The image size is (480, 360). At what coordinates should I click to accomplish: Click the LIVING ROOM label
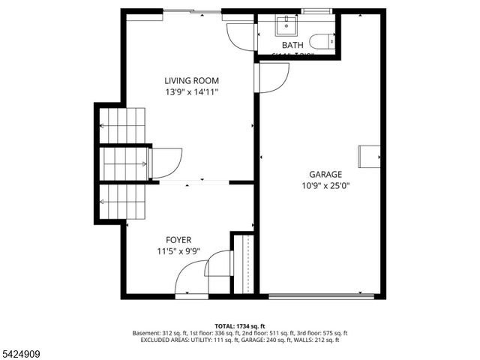click(191, 81)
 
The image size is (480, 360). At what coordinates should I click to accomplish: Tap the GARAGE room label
click(324, 173)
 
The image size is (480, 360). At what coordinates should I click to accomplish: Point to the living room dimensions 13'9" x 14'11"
click(191, 92)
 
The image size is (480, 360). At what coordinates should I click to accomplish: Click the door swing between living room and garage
click(273, 78)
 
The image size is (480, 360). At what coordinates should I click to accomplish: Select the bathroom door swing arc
click(241, 36)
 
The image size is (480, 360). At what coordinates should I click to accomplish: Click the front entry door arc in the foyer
click(191, 280)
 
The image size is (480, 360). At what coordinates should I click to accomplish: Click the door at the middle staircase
click(166, 163)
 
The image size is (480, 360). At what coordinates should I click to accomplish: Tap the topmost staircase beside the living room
click(123, 124)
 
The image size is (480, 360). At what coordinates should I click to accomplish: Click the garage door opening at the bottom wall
click(321, 296)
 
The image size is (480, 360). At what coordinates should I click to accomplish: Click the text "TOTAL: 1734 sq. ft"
click(240, 325)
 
